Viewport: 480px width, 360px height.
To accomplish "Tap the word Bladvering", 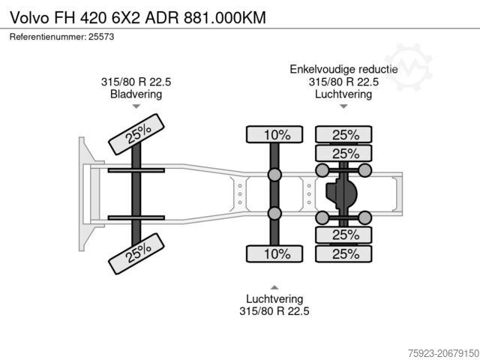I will pyautogui.click(x=136, y=94).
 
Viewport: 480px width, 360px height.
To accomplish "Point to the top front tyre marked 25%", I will pyautogui.click(x=136, y=134).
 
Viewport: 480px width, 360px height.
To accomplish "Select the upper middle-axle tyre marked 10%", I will pyautogui.click(x=274, y=135).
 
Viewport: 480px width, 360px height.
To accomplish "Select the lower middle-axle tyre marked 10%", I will pyautogui.click(x=274, y=253).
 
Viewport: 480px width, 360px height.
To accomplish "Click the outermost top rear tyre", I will pyautogui.click(x=343, y=135).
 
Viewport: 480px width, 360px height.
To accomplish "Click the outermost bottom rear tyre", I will pyautogui.click(x=343, y=253).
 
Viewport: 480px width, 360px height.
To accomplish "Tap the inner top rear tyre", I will pyautogui.click(x=343, y=154).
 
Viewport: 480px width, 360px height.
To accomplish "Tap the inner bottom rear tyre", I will pyautogui.click(x=343, y=235).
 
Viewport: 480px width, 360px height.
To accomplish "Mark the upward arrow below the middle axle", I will pyautogui.click(x=274, y=287).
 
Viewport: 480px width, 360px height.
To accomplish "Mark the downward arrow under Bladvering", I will pyautogui.click(x=136, y=106).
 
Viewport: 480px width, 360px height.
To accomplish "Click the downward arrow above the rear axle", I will pyautogui.click(x=343, y=106).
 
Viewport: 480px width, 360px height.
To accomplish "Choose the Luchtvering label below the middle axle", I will pyautogui.click(x=274, y=298).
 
